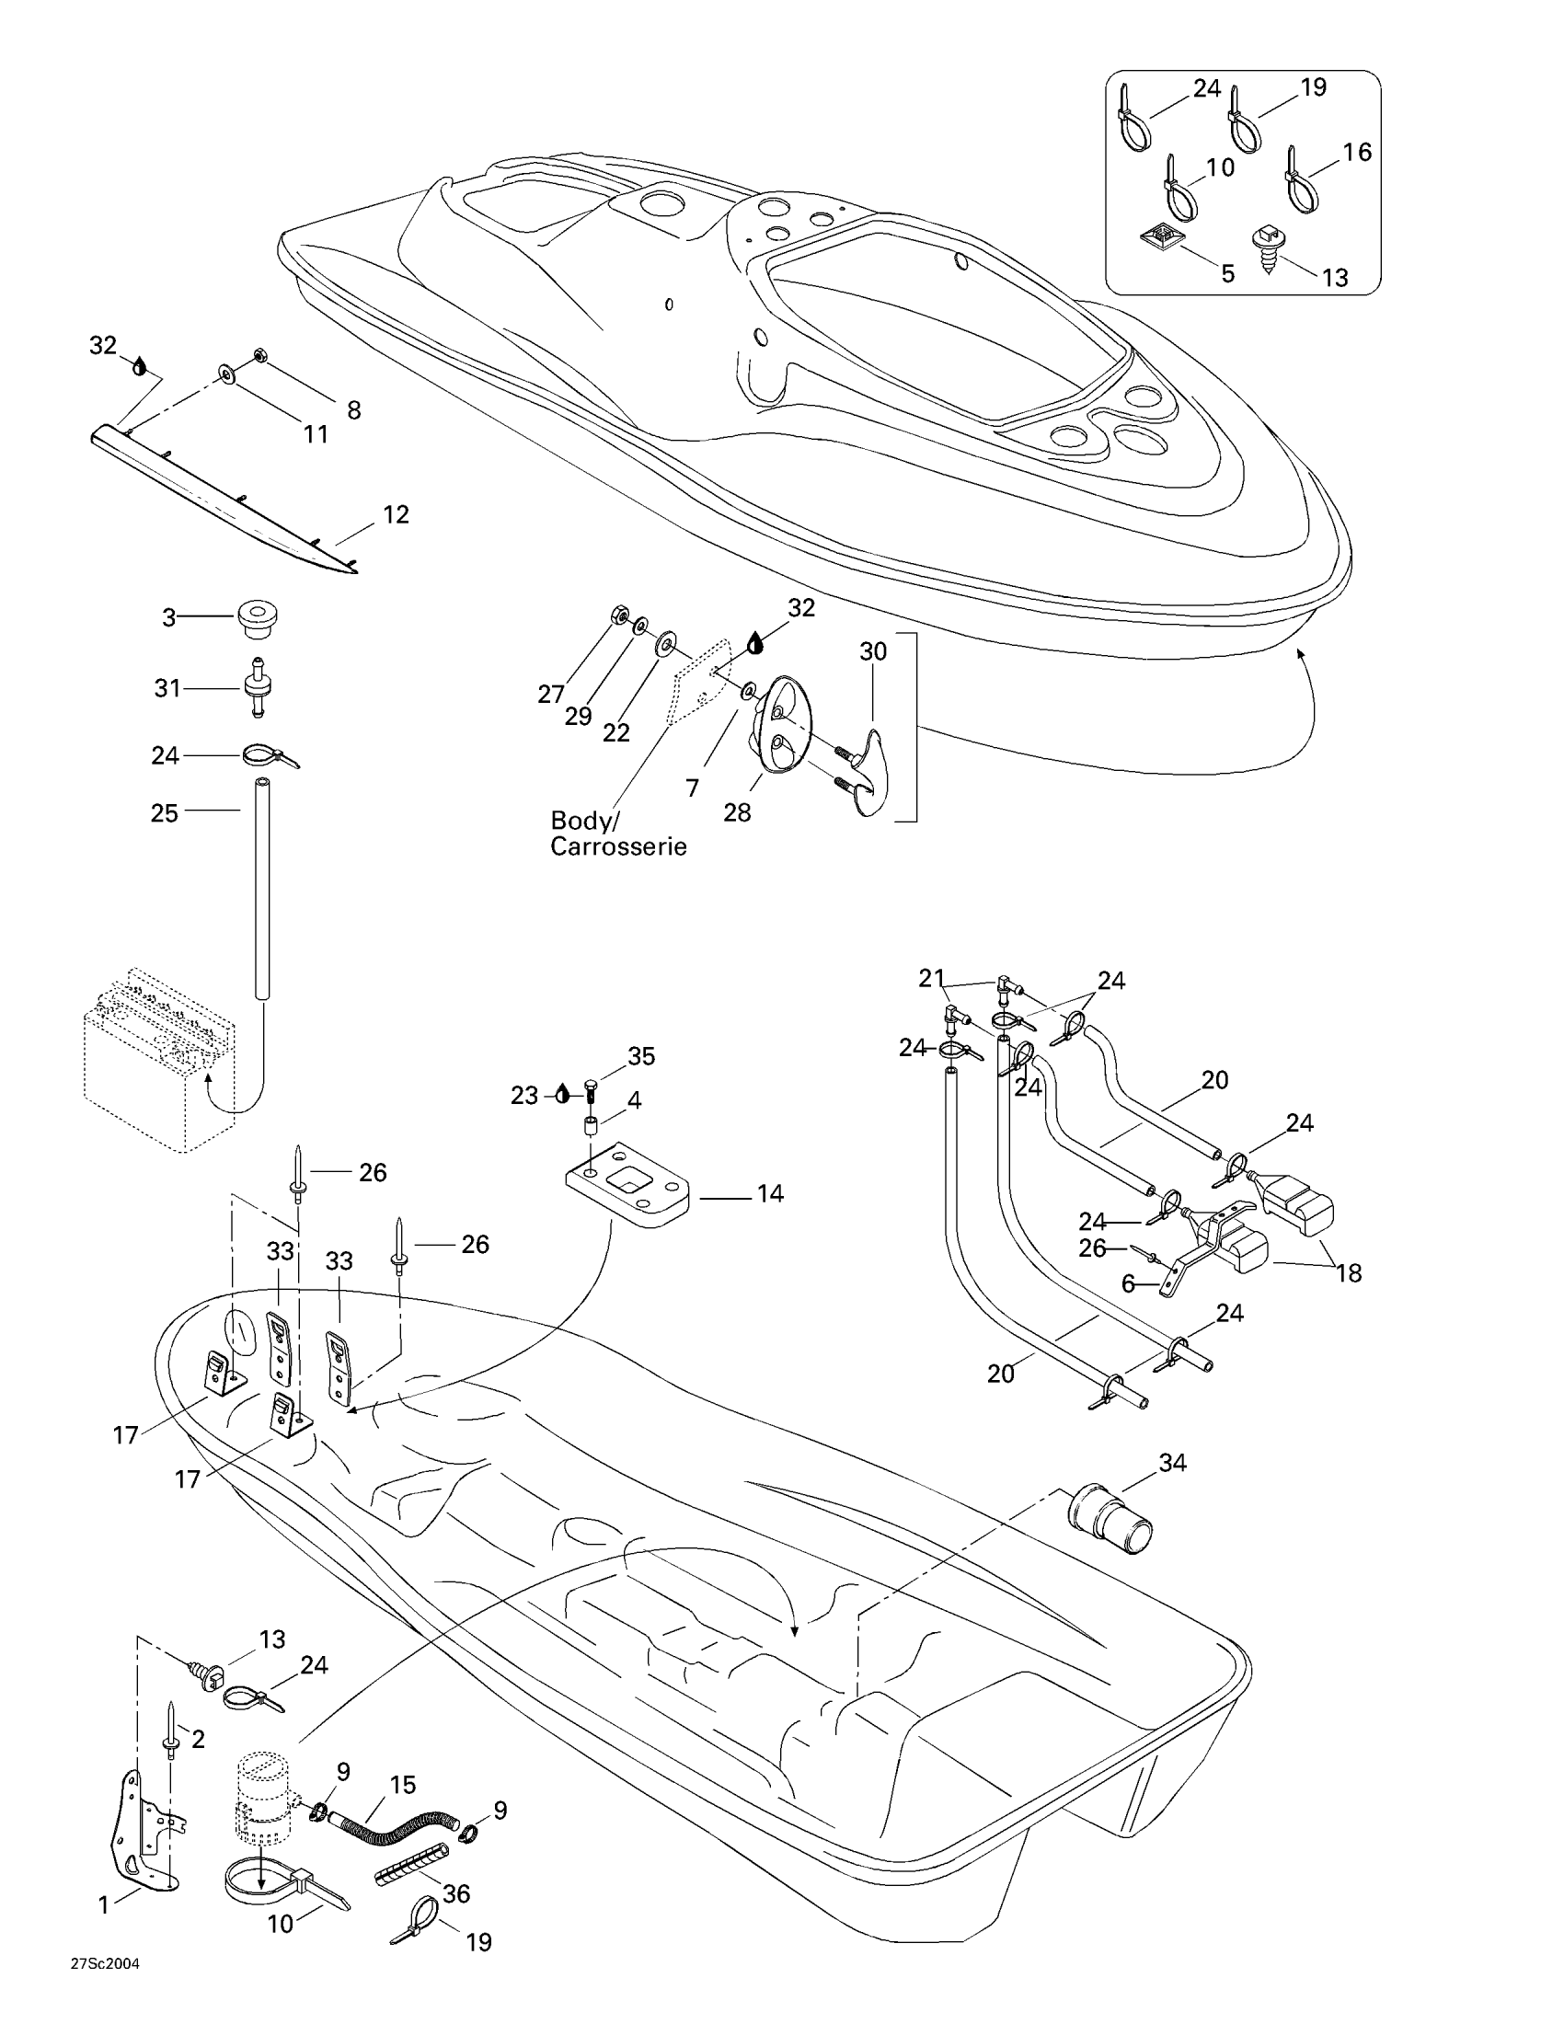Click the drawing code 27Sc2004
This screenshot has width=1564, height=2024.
point(105,1989)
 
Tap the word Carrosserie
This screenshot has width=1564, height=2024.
point(618,846)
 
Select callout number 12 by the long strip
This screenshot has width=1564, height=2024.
point(396,514)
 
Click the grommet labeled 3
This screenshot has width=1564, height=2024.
point(259,617)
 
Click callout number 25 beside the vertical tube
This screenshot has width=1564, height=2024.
point(164,812)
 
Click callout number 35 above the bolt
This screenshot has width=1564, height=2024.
point(641,1055)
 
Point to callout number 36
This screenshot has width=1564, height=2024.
point(455,1893)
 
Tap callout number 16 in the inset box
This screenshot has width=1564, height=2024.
point(1356,151)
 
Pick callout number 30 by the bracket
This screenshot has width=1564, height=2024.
point(873,651)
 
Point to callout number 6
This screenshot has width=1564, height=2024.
point(1128,1283)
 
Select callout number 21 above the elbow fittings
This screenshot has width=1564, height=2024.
point(931,978)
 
